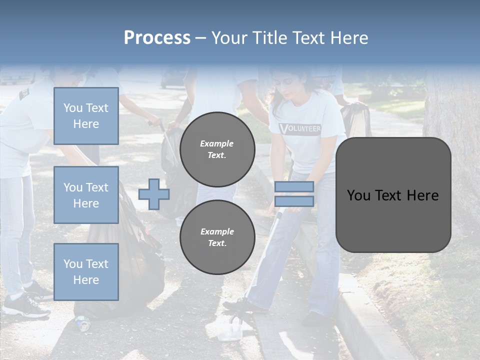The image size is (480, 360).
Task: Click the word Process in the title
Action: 157,38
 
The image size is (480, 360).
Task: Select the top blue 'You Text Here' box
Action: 86,116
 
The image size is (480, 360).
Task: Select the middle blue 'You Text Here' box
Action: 86,195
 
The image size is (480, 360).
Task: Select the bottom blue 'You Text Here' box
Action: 86,272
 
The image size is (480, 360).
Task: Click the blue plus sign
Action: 154,194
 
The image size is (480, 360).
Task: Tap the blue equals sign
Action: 294,194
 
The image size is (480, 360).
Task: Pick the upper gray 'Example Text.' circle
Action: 217,149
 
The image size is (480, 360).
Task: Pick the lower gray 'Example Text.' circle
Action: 217,237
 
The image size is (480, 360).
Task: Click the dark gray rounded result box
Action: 393,195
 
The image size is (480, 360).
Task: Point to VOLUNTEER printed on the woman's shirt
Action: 300,128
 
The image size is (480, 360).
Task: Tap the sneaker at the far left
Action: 25,304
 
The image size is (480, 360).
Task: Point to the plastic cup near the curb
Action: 231,329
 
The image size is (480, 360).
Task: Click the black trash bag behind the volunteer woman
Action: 356,120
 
